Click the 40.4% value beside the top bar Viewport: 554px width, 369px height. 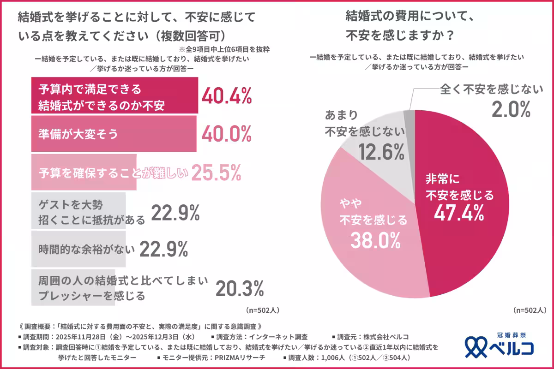click(x=227, y=95)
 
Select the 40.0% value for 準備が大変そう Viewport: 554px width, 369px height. click(x=227, y=133)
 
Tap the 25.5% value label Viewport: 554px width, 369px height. click(x=216, y=173)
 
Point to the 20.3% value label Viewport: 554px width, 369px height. click(x=240, y=289)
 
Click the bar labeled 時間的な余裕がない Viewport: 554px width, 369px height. click(x=78, y=250)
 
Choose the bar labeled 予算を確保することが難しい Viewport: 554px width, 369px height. click(x=83, y=173)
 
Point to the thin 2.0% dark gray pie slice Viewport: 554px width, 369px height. click(x=409, y=116)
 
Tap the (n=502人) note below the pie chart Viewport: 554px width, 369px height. click(x=530, y=310)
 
